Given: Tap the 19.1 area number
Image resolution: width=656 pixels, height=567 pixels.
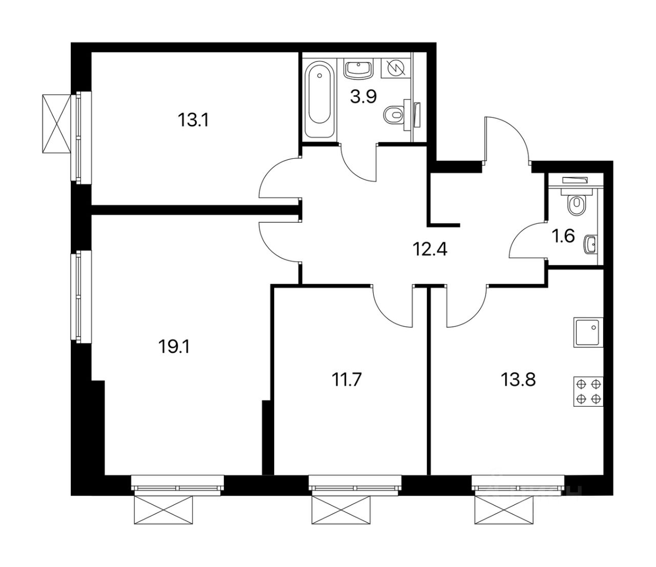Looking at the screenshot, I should point(174,348).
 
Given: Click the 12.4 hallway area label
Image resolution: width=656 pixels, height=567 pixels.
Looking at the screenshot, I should point(430,250).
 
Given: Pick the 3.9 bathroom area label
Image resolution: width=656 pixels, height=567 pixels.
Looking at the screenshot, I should point(363,96).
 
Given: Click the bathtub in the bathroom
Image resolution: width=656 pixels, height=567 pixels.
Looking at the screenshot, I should point(319,98).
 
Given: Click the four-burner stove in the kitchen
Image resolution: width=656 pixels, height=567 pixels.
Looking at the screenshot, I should point(588,391).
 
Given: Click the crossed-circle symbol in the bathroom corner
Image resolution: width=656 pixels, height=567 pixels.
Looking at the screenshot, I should point(396,68).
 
